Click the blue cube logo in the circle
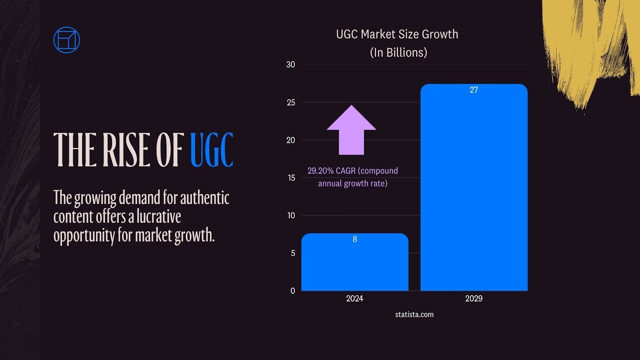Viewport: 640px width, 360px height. point(66,40)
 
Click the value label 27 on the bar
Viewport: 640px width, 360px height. point(474,90)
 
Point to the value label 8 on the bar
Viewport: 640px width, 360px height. point(355,239)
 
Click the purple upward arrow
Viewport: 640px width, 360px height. point(351,130)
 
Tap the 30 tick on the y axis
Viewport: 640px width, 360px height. point(290,64)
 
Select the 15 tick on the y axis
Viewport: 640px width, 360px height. point(291,178)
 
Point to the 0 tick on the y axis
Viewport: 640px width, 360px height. point(292,291)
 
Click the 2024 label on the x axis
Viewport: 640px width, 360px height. point(354,298)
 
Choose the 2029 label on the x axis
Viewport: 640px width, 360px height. point(474,298)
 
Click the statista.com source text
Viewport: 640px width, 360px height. point(414,314)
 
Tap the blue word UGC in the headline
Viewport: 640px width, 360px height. point(211,150)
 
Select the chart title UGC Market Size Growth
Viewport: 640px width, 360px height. point(397,34)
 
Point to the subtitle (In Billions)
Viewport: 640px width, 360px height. point(398,52)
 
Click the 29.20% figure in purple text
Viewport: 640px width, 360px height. point(320,171)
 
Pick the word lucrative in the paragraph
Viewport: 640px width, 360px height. point(159,216)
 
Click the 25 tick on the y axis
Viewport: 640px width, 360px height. point(291,102)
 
